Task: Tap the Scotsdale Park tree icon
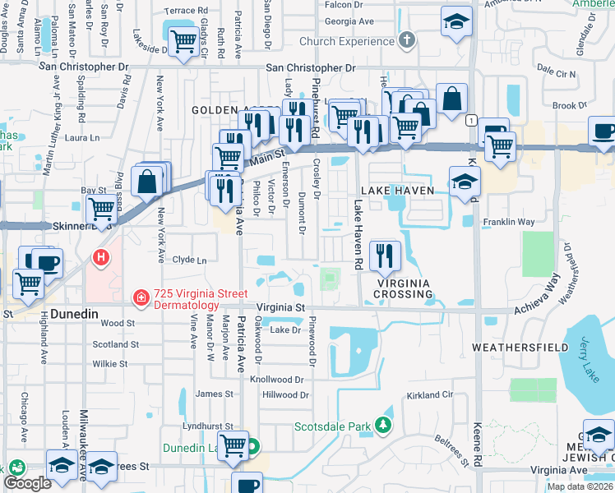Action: click(381, 425)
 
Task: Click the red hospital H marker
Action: click(100, 258)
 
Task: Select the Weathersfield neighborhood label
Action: click(520, 348)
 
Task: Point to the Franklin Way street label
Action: click(508, 222)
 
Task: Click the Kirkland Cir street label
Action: click(430, 395)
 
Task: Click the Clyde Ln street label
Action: click(189, 260)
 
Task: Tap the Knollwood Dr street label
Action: click(282, 380)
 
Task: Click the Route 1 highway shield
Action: click(469, 121)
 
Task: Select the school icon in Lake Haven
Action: click(465, 182)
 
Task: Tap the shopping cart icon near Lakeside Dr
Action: click(182, 41)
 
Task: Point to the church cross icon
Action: click(406, 40)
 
